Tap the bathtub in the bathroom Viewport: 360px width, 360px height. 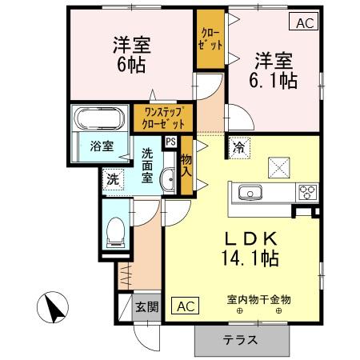pos(98,120)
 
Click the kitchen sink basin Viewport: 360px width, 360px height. pos(250,192)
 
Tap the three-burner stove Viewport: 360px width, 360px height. pos(307,192)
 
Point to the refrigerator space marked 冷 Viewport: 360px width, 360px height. pos(238,146)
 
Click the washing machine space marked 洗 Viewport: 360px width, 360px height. pos(113,179)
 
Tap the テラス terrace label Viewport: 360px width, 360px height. pos(240,339)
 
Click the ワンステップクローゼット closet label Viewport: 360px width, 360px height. pos(163,118)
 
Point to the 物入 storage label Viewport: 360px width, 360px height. pos(186,166)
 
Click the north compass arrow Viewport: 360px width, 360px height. pos(54,309)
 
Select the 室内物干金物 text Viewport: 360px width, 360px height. pos(258,299)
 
